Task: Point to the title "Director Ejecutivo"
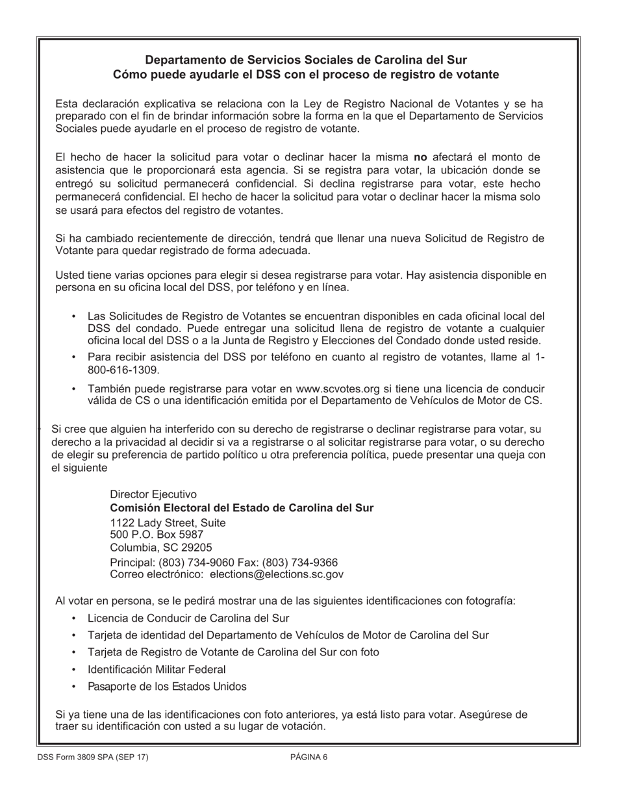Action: click(x=153, y=494)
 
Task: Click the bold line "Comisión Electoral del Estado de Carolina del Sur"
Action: click(x=242, y=507)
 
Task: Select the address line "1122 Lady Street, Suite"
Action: click(x=168, y=522)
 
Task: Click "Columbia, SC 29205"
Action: click(x=160, y=547)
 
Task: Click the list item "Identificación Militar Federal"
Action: click(x=157, y=669)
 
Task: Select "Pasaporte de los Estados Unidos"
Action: click(x=167, y=686)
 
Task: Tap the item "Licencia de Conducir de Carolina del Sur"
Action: click(x=188, y=618)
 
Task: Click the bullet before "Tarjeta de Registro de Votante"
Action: click(x=74, y=652)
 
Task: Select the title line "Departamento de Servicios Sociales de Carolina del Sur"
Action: click(x=306, y=60)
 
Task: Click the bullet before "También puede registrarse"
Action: click(x=74, y=388)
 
